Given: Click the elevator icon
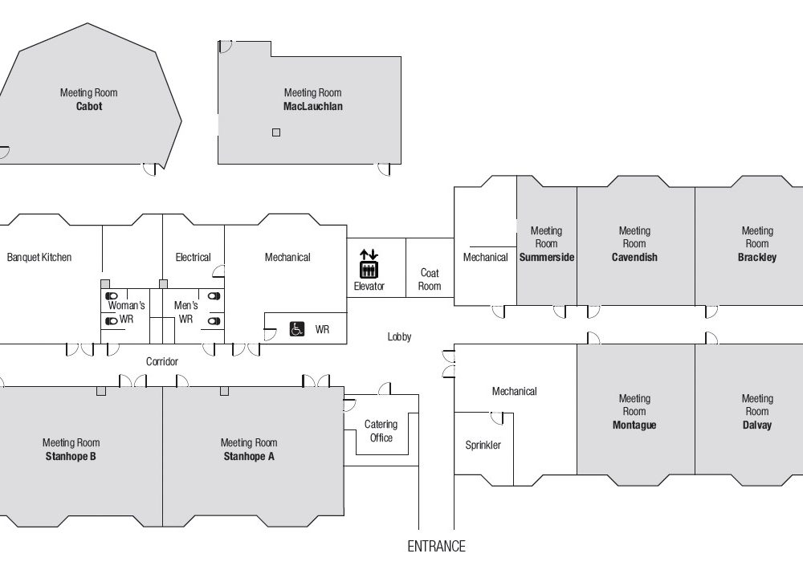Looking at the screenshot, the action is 369,263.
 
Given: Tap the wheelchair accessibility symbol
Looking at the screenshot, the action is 296,328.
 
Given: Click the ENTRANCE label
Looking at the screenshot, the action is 436,546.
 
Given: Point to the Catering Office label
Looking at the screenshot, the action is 381,431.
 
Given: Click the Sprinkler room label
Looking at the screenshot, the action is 483,445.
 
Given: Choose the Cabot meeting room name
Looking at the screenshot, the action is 89,107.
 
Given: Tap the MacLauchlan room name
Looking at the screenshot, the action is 313,107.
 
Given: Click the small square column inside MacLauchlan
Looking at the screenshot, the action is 276,132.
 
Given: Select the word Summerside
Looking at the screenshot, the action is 546,257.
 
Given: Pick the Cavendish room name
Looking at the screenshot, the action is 634,257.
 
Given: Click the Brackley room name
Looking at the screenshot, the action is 757,257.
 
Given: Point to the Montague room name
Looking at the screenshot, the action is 634,425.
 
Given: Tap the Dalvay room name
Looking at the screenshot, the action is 757,425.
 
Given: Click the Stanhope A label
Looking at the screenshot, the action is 249,456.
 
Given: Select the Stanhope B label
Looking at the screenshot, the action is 71,456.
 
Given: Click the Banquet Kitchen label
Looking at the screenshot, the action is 39,257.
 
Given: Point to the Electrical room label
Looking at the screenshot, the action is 193,257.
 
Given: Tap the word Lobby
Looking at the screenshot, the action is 399,337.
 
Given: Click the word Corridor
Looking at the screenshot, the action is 162,361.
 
